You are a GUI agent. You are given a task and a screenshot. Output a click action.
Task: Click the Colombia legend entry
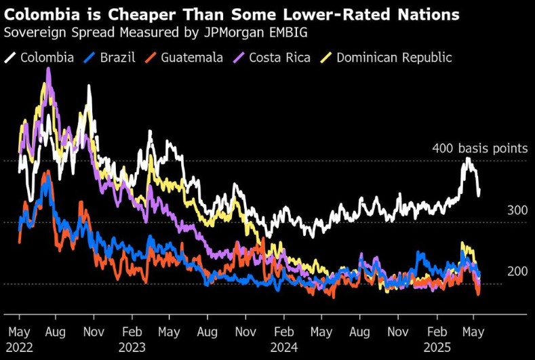tap(47, 58)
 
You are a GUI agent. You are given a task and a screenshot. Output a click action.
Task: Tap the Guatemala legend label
tap(192, 58)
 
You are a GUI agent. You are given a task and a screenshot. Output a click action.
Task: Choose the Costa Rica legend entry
tap(279, 58)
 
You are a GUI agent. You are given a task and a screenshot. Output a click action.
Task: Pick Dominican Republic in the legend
tap(394, 58)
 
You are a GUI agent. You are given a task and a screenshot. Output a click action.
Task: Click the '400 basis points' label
tap(480, 148)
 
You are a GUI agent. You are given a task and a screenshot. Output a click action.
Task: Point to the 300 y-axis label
tap(517, 211)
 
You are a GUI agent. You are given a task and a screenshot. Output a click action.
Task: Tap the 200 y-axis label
tap(517, 271)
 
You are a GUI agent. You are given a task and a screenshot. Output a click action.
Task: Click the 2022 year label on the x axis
tap(20, 346)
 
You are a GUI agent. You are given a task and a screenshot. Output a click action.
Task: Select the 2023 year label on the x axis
tap(132, 346)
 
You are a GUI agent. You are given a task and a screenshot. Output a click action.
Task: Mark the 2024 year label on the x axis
tap(283, 346)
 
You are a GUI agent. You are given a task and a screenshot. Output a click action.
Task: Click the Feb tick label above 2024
tap(283, 333)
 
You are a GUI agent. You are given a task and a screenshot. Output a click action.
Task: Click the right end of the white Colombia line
tap(479, 195)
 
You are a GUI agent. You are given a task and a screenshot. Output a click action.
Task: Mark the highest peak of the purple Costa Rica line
tap(48, 68)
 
